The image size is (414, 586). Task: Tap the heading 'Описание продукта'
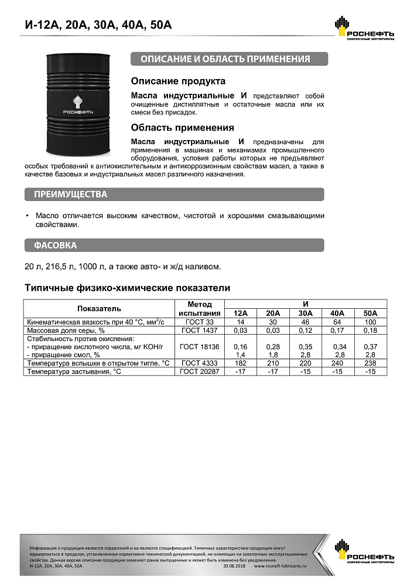178,81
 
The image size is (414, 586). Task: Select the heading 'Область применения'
182,128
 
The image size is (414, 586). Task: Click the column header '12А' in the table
241,313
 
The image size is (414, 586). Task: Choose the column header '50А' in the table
371,313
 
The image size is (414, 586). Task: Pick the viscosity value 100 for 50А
371,322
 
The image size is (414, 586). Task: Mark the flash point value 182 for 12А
241,363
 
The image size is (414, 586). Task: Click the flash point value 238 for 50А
371,363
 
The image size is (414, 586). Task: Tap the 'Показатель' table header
99,308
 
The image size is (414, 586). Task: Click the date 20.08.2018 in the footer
235,567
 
